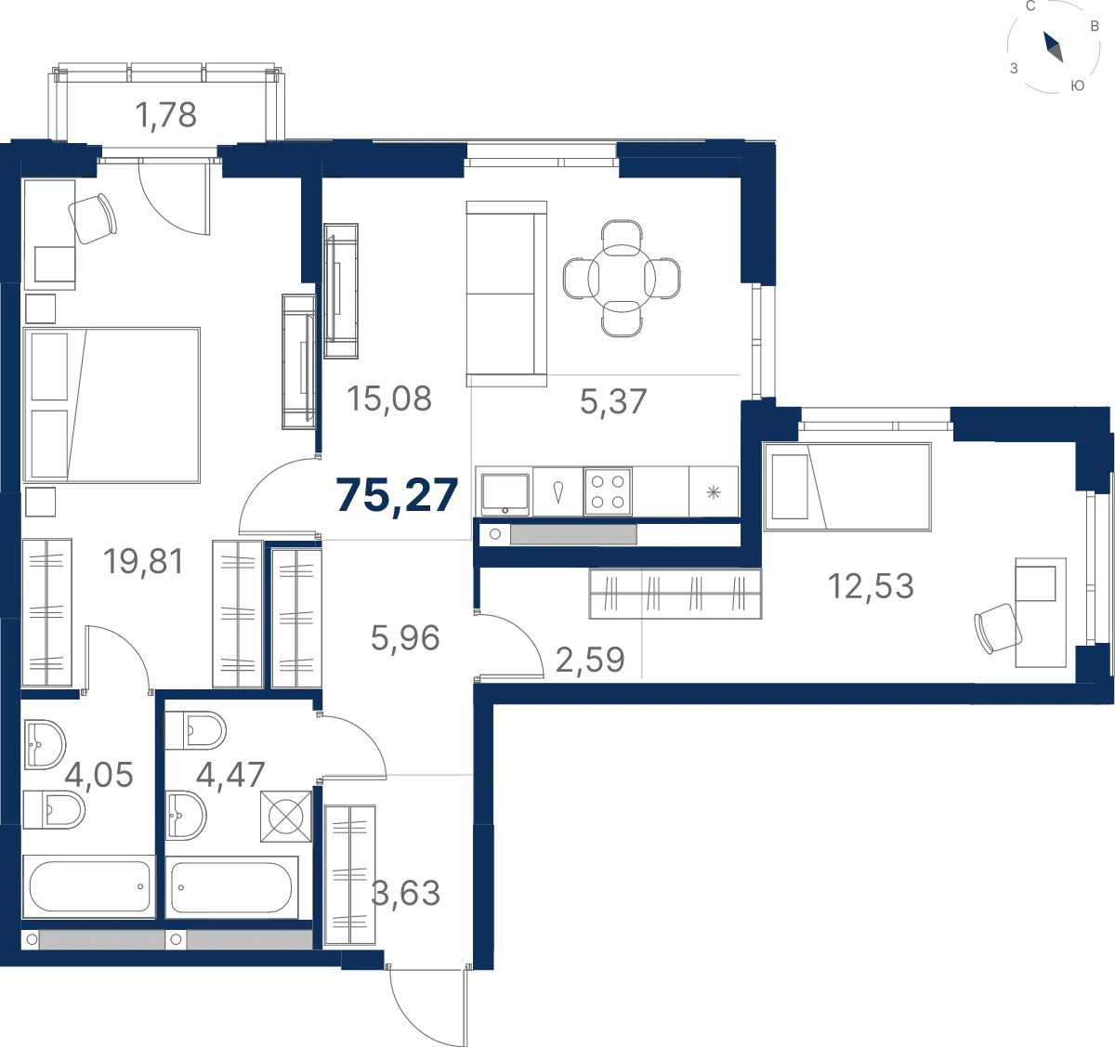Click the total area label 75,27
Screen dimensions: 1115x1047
397,496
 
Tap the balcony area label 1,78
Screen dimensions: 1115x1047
166,115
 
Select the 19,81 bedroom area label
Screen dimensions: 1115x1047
144,561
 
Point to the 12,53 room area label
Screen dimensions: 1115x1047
871,586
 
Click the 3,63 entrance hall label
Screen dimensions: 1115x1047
405,893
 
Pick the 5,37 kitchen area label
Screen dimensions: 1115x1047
613,402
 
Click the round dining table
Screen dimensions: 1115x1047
622,278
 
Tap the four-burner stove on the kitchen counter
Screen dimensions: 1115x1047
608,491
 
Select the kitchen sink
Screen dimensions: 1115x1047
505,493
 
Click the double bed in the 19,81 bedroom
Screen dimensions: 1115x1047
111,405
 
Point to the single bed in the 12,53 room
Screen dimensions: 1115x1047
846,487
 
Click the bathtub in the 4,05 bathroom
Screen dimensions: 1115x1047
88,887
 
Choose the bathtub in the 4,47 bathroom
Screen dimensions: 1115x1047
231,887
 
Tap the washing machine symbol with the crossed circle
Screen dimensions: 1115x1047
286,817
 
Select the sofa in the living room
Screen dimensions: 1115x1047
506,294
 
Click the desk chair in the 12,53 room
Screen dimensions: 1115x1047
998,628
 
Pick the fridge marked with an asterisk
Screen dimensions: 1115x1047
713,491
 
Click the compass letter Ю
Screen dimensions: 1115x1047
1077,85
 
